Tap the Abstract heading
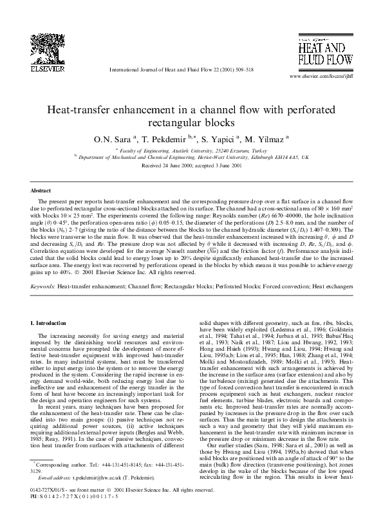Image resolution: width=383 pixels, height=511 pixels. click(x=41, y=191)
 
